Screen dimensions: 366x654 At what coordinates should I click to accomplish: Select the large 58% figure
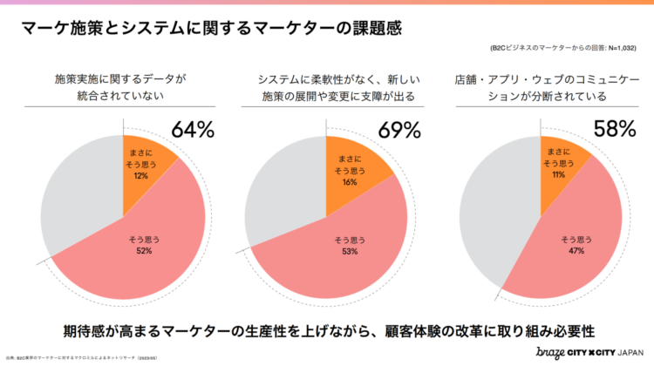click(615, 130)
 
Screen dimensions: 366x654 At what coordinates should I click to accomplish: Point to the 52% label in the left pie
click(144, 251)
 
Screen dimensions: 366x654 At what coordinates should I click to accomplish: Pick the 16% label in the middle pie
click(349, 183)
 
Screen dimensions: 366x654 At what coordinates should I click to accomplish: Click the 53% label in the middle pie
click(349, 251)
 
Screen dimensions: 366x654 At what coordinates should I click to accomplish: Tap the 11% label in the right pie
click(558, 175)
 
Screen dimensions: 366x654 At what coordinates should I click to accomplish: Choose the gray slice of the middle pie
click(283, 192)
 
